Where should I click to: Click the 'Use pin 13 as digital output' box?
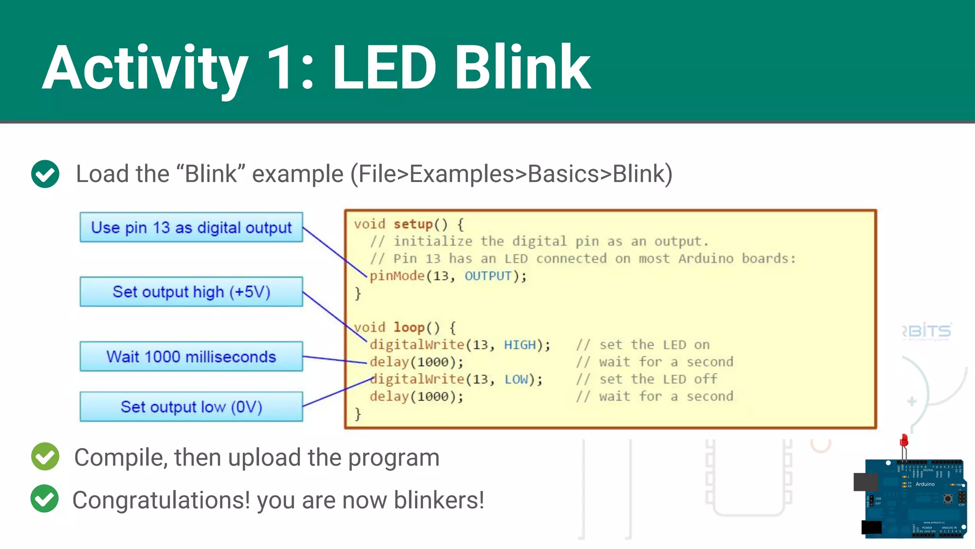click(191, 227)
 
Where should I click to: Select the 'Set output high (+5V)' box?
click(191, 292)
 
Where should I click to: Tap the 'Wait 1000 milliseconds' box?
click(191, 356)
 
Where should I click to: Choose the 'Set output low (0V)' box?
click(191, 407)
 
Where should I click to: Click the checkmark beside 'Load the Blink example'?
click(45, 174)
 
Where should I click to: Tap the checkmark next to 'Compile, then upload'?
click(45, 457)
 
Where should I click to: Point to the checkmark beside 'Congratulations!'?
click(45, 498)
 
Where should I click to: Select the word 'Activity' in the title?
click(145, 68)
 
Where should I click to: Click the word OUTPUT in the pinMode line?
click(488, 276)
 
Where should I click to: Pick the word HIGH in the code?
click(520, 345)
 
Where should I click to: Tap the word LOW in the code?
click(517, 379)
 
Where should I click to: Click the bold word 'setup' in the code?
click(413, 224)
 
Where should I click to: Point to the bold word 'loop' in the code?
click(409, 327)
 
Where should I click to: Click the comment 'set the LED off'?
click(658, 379)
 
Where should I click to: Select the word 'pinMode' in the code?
click(397, 276)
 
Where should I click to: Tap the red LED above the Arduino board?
click(904, 441)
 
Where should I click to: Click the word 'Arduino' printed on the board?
click(925, 484)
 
